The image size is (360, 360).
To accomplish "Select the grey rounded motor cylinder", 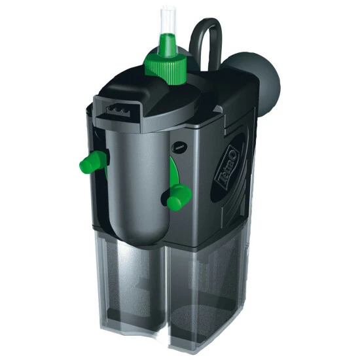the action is click(x=137, y=184).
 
